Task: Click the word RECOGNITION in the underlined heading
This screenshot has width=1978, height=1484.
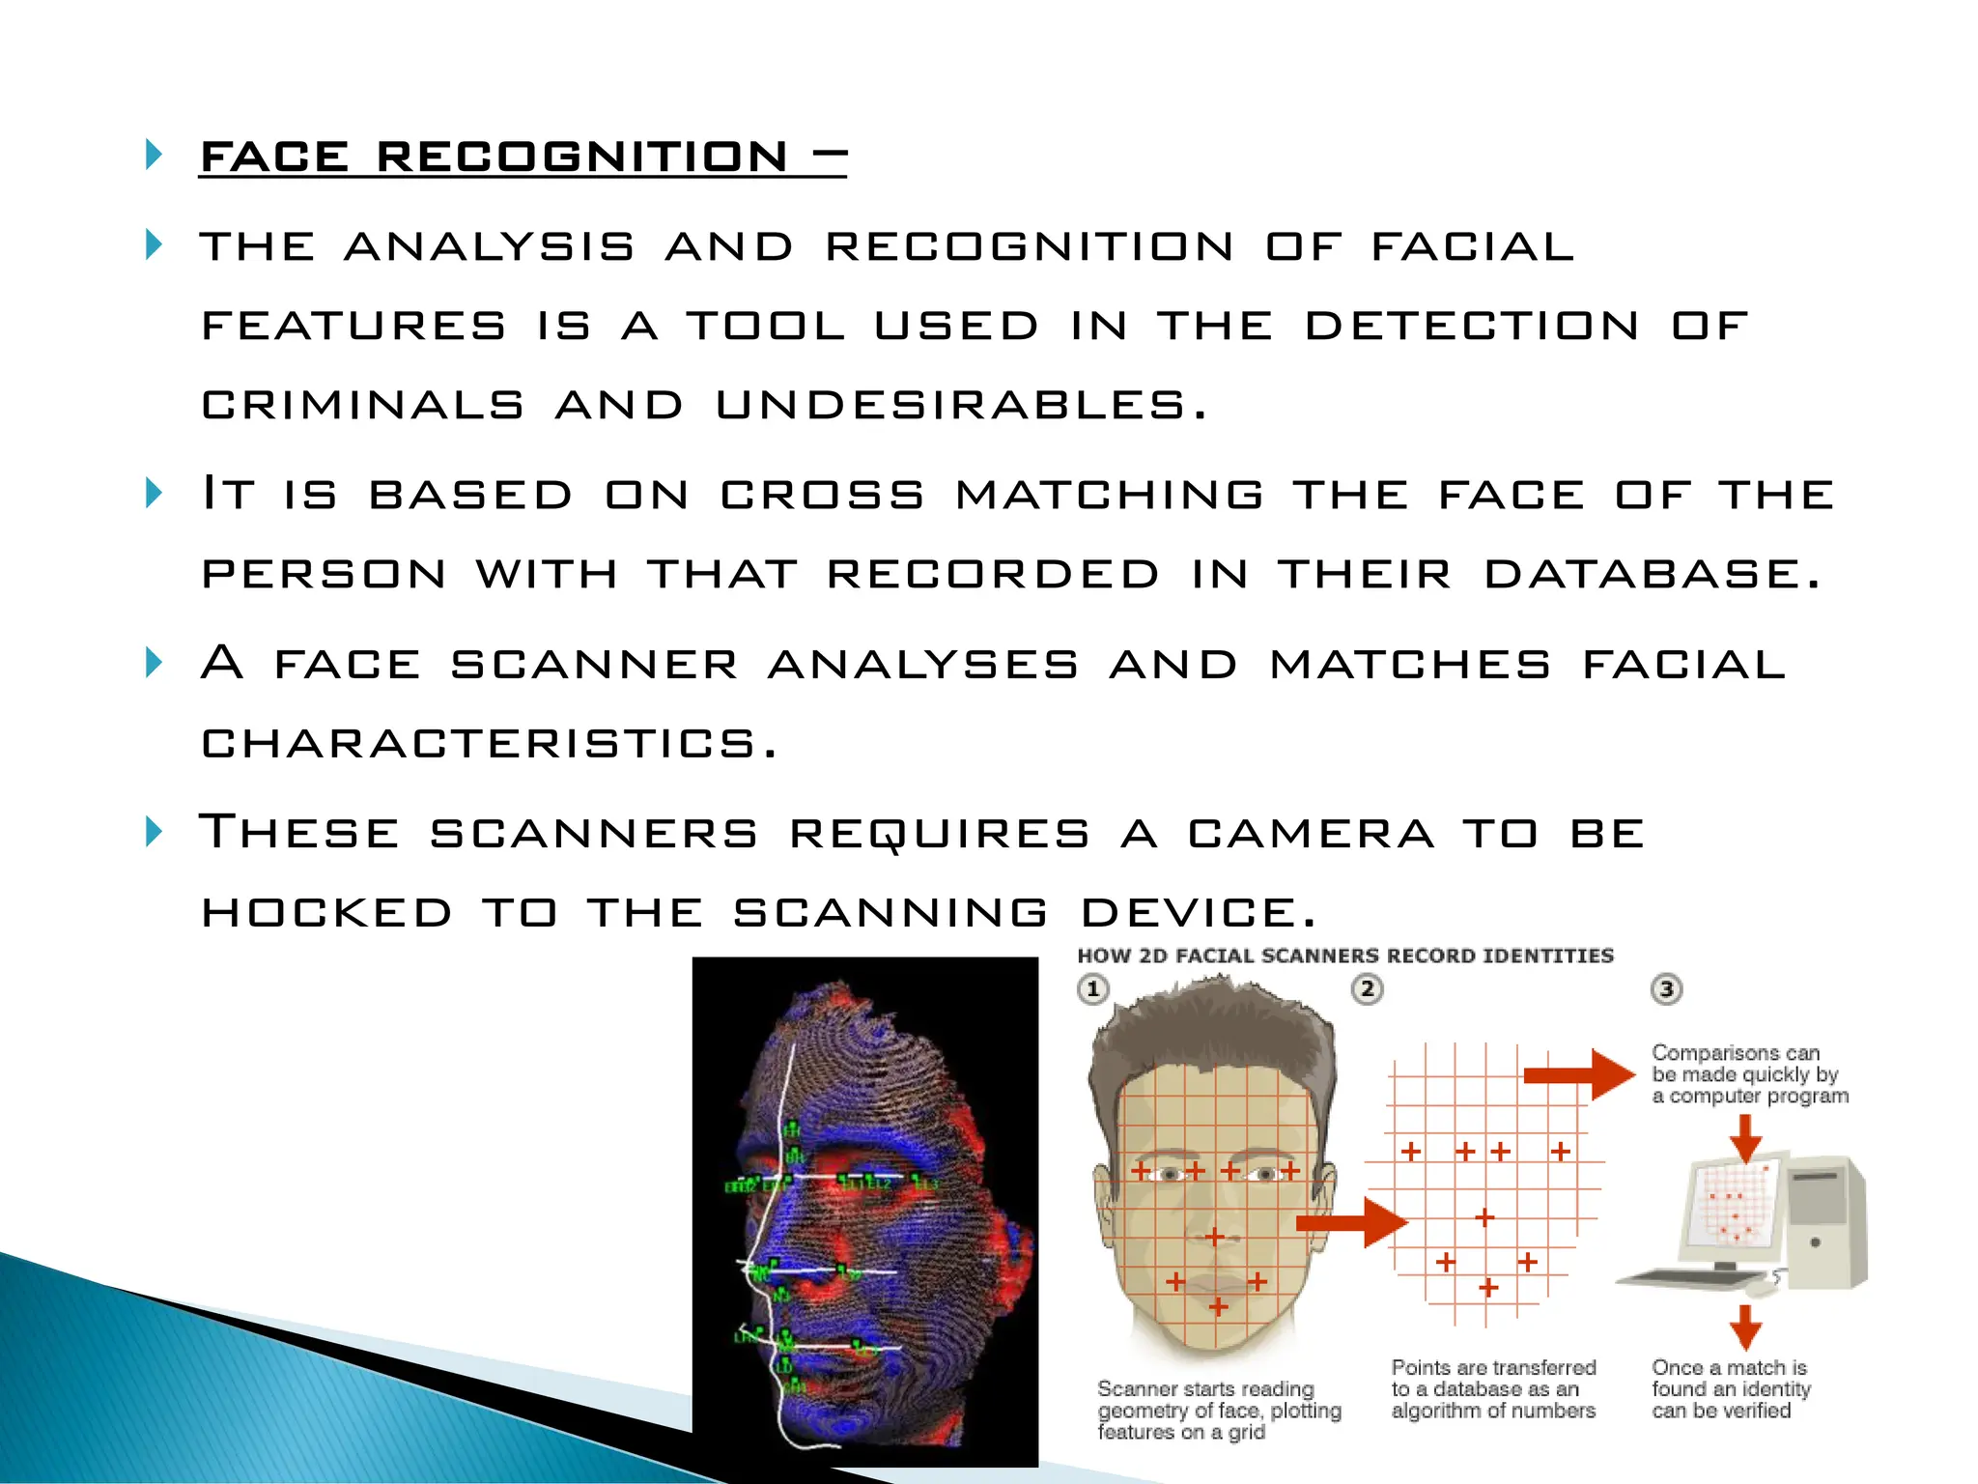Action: pos(581,157)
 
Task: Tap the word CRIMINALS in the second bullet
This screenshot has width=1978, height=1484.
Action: pos(362,405)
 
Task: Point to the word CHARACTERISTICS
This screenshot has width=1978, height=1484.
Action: pos(489,743)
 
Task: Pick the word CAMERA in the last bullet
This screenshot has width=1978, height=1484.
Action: pos(1311,833)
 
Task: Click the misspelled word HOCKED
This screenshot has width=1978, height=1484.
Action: pos(326,912)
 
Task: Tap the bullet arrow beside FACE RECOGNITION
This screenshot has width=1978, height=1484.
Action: pos(154,155)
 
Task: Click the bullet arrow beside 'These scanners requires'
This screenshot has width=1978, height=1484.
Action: pos(154,831)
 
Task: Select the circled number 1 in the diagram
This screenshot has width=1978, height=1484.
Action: pos(1093,989)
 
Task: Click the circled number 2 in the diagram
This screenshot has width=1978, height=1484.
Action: pos(1367,989)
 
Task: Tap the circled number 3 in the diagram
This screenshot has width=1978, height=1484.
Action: pos(1666,989)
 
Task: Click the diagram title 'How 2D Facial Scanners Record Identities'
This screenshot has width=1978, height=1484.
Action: pos(1344,956)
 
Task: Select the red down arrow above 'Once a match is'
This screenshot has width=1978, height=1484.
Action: pos(1744,1327)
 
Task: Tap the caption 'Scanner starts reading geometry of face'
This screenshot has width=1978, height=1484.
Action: pos(1219,1410)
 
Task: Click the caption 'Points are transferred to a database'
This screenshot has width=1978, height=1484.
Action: pos(1493,1388)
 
